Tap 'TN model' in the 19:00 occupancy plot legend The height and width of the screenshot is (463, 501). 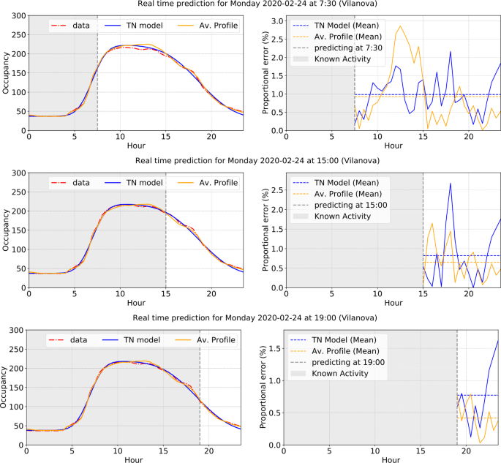[x=142, y=340]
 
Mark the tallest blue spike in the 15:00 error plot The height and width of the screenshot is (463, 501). [x=451, y=182]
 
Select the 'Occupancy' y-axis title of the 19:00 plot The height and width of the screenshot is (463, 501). [x=5, y=387]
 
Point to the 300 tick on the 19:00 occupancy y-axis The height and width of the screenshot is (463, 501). [x=15, y=330]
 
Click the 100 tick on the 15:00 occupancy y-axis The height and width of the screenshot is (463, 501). [x=16, y=249]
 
